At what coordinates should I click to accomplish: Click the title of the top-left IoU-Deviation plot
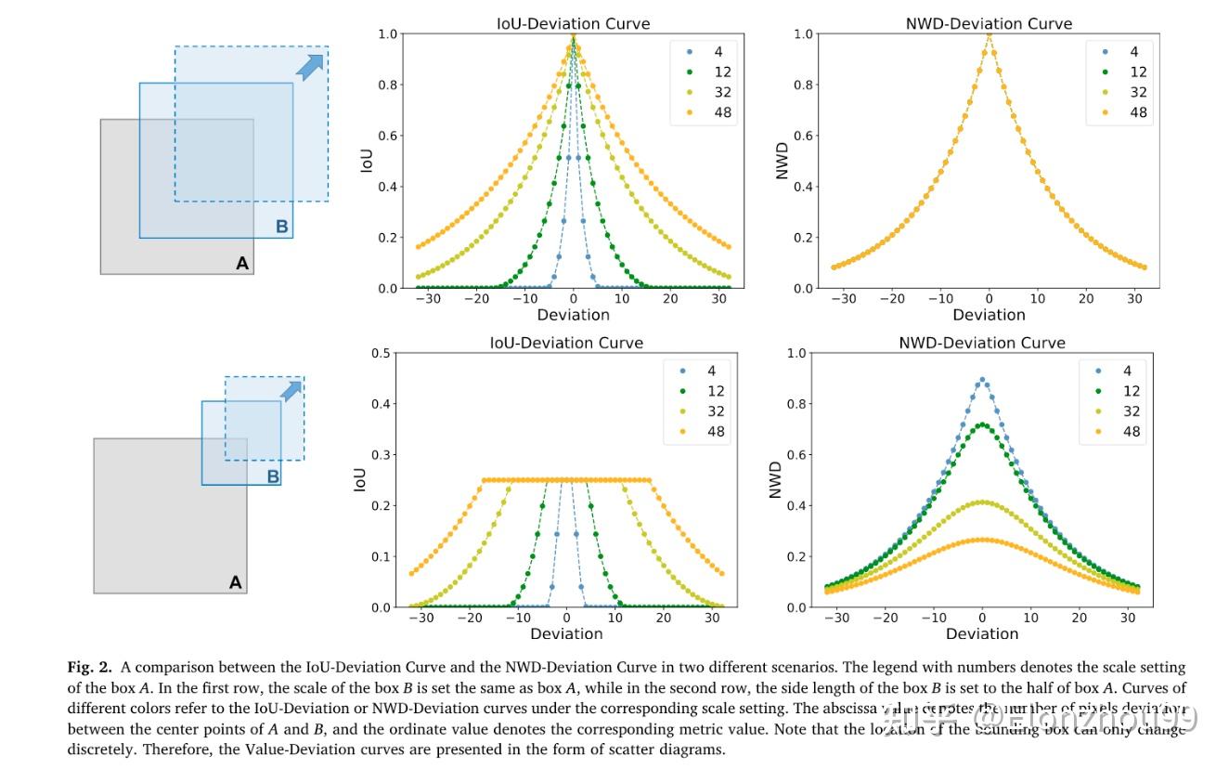(x=573, y=23)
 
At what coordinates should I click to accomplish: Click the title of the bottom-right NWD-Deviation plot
(x=982, y=343)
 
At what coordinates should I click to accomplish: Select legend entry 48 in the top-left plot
(x=722, y=112)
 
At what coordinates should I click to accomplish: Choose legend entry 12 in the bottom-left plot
(x=716, y=391)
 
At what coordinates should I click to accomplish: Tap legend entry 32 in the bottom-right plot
(x=1132, y=411)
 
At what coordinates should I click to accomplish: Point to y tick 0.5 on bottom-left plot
(x=379, y=353)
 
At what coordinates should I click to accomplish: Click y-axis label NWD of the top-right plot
(x=782, y=161)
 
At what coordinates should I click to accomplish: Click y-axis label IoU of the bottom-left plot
(x=360, y=479)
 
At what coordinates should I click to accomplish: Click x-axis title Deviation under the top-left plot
(x=573, y=315)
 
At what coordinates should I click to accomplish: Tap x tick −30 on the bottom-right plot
(x=836, y=618)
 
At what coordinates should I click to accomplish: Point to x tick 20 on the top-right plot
(x=1086, y=299)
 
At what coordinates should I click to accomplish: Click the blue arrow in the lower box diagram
(x=291, y=391)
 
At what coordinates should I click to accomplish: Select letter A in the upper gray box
(x=242, y=264)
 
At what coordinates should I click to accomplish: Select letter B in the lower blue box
(x=273, y=476)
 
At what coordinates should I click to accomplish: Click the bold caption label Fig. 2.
(x=89, y=667)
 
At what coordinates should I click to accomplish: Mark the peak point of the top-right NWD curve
(x=990, y=34)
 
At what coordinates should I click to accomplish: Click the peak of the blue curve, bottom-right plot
(x=982, y=380)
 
